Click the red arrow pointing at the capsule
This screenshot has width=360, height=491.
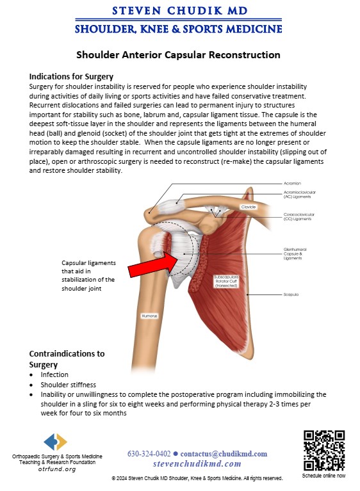click(154, 266)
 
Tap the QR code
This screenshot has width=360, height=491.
click(324, 450)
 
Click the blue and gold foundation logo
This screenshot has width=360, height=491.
click(56, 442)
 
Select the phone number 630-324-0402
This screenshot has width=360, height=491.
click(149, 454)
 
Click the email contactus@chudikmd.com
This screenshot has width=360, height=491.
click(224, 454)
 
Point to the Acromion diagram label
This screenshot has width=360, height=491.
click(292, 184)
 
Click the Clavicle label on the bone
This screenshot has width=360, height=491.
click(249, 207)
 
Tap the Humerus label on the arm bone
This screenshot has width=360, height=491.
click(149, 316)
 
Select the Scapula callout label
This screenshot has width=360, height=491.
click(291, 294)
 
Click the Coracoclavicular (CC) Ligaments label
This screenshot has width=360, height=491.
click(299, 216)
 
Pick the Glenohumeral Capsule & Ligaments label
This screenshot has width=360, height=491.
click(295, 254)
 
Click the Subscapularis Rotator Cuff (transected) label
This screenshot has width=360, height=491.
click(226, 281)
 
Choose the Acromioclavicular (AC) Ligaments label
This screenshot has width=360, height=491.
click(300, 195)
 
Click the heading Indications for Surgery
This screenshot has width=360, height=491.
click(71, 77)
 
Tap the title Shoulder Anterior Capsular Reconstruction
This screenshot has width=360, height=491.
click(178, 55)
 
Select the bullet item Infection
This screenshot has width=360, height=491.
click(54, 374)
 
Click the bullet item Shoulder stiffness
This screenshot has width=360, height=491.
click(69, 385)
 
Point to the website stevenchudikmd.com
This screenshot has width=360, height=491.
click(197, 463)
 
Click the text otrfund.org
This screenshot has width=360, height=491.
click(57, 469)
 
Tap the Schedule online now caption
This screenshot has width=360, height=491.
click(323, 476)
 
